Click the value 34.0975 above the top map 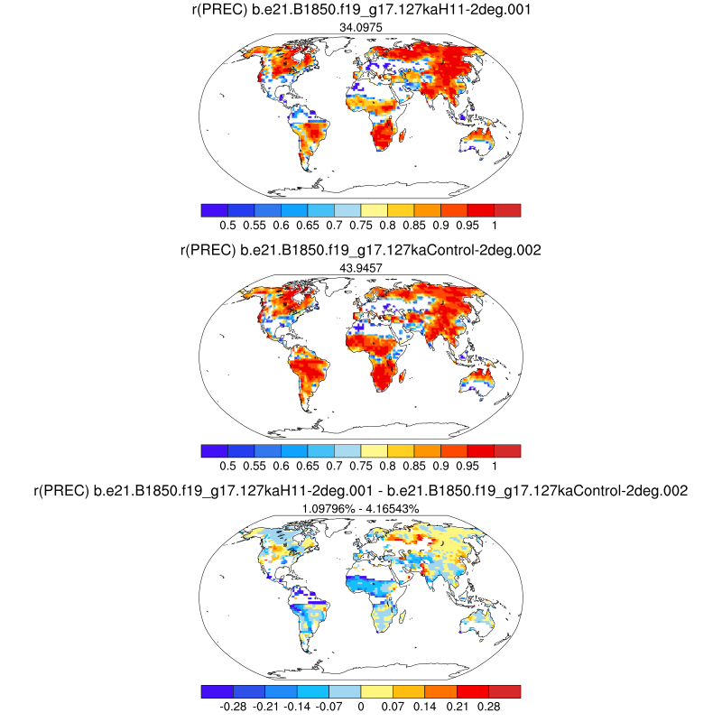click(x=360, y=28)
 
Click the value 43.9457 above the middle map click(x=360, y=268)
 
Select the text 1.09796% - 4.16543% click(x=360, y=508)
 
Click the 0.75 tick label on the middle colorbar click(x=361, y=466)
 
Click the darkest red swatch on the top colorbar click(x=507, y=210)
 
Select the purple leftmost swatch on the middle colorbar click(x=214, y=450)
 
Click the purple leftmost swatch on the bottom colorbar click(x=214, y=690)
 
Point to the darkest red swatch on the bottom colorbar click(x=507, y=690)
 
